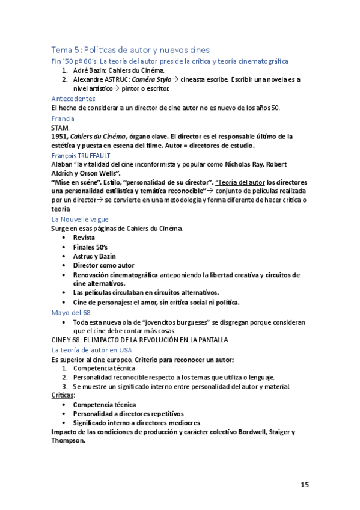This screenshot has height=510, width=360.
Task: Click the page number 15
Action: (305, 484)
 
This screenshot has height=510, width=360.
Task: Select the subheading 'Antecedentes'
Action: (73, 98)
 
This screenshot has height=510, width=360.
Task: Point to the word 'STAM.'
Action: (61, 127)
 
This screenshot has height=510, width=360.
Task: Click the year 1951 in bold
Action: (61, 137)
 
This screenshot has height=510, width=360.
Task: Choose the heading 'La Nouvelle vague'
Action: (80, 220)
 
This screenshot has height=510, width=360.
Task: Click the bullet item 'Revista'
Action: (84, 238)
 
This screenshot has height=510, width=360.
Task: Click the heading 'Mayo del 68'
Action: (71, 312)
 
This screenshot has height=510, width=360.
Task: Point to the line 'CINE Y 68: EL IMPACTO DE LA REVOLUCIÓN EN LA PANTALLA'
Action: (139, 340)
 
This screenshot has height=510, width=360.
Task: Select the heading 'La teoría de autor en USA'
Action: (91, 349)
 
